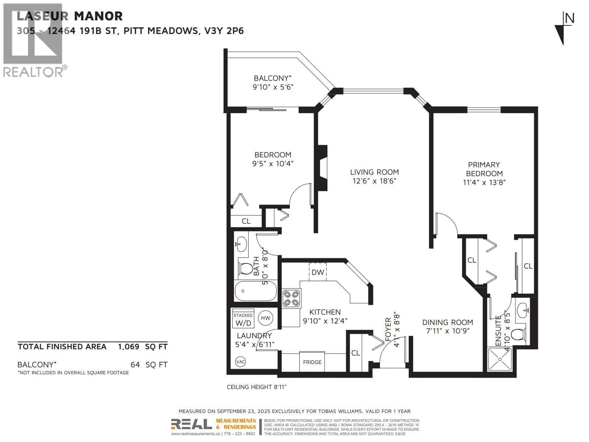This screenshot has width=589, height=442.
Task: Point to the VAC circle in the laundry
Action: pos(241,362)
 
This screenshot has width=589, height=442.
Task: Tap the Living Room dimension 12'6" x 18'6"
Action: pos(374,181)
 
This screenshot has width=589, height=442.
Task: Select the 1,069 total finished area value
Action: pos(129,347)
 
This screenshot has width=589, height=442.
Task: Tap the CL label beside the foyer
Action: pos(356,353)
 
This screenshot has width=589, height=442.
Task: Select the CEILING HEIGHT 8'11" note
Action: pos(256,387)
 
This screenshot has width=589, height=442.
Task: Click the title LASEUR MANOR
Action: pos(70,16)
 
